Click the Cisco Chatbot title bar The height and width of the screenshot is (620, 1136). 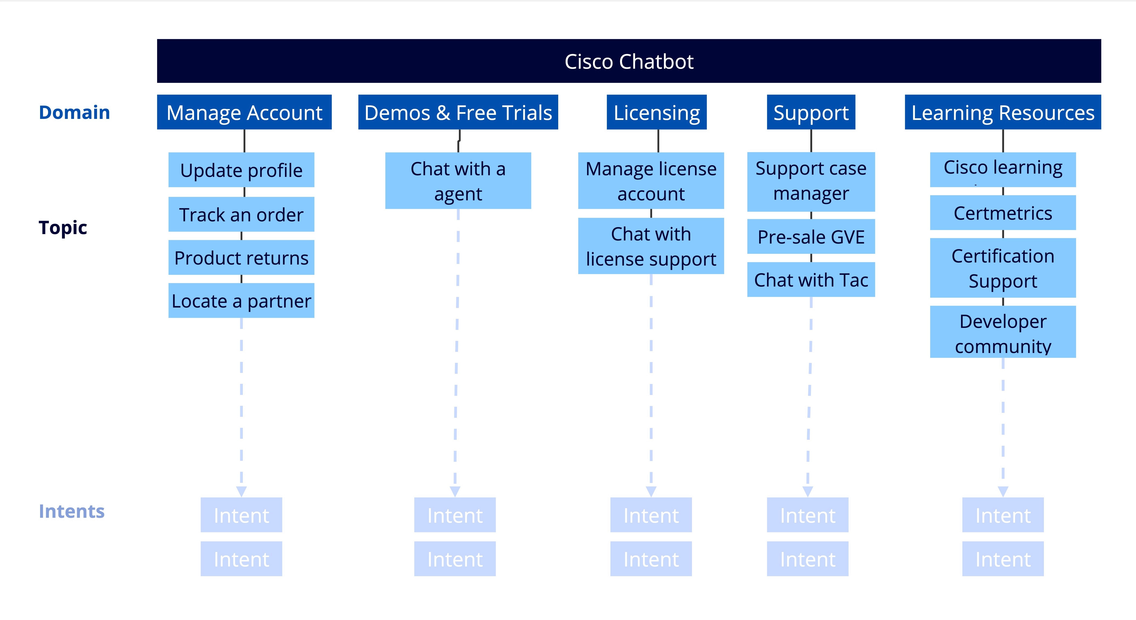(x=629, y=61)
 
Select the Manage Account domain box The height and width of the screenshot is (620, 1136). (x=244, y=112)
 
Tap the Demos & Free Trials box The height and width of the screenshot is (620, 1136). (x=458, y=112)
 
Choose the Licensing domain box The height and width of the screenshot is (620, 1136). (x=657, y=112)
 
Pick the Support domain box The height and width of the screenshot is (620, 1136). (x=811, y=112)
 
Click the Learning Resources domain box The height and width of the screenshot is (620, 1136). (x=1003, y=112)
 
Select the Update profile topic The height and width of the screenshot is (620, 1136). (x=241, y=170)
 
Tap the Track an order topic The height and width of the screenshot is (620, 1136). (x=241, y=215)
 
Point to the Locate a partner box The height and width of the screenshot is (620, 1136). (x=241, y=301)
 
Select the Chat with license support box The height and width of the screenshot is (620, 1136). (x=651, y=246)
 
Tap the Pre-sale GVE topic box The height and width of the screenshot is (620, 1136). (x=811, y=237)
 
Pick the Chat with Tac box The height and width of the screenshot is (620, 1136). (x=811, y=280)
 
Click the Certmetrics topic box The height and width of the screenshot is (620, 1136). (x=1003, y=213)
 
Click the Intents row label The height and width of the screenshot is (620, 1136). (x=71, y=511)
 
